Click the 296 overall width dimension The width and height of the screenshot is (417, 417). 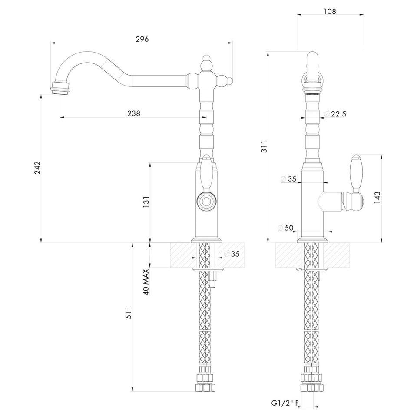[142, 39]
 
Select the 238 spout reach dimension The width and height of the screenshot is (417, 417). [134, 113]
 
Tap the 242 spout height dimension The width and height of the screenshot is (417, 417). [37, 168]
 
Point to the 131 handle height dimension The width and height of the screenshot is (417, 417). [146, 202]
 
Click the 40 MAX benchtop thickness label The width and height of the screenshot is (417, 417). [146, 282]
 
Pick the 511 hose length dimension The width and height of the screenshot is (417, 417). [129, 313]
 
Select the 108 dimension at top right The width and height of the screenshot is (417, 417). [330, 11]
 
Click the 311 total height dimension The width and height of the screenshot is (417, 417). [264, 146]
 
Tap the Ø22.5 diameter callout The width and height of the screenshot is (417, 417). [335, 114]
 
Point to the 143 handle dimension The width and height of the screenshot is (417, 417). [377, 198]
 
